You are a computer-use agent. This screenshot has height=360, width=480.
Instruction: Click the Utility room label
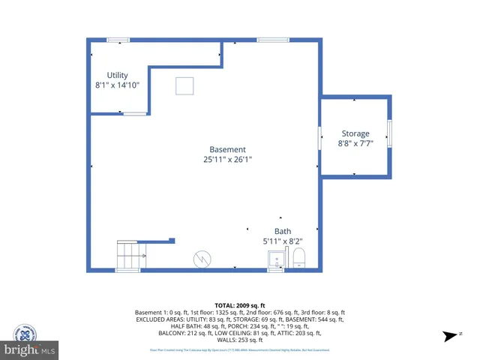pos(117,75)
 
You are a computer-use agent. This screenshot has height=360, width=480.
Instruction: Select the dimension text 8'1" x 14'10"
pos(117,85)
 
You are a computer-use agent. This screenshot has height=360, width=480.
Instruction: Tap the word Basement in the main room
pos(227,149)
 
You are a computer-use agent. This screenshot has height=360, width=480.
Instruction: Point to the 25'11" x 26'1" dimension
pos(227,160)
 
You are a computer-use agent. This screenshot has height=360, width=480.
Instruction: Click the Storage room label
pos(355,133)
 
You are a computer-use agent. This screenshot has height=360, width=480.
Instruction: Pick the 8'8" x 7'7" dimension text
pos(355,143)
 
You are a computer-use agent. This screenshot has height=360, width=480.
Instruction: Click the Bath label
pos(283,231)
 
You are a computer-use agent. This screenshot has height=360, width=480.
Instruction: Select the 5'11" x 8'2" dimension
pos(283,241)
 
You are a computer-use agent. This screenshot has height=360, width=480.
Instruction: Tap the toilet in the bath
pos(299,259)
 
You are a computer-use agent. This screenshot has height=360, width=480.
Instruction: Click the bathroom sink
pos(275,259)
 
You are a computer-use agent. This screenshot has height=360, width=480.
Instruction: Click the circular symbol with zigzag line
pos(202,258)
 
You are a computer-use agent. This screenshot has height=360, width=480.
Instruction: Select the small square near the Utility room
pos(184,86)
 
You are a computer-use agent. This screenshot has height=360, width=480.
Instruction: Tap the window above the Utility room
pos(118,39)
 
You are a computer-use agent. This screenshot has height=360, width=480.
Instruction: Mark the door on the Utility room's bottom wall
pos(135,114)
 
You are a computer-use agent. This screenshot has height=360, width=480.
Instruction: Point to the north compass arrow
pos(450,335)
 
